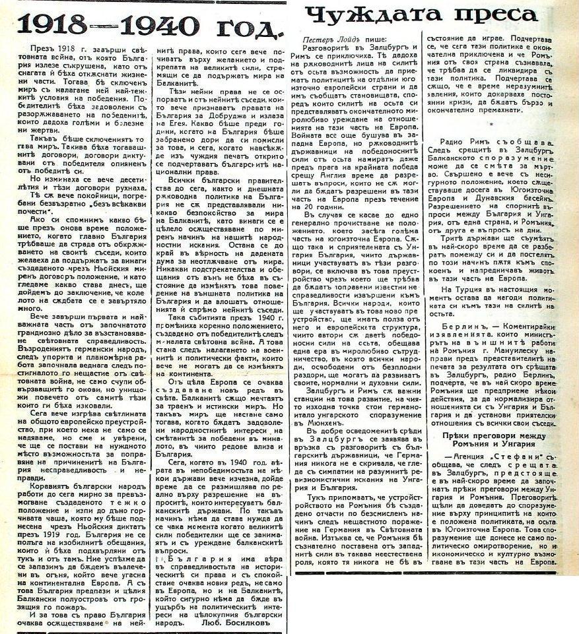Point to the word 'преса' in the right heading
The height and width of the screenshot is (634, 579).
494,15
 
